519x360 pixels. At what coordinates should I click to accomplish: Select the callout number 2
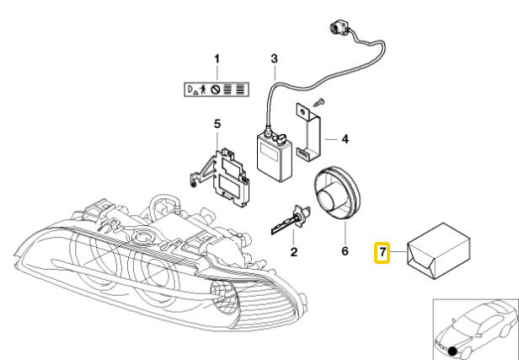click(294, 251)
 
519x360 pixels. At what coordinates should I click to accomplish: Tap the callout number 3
click(274, 59)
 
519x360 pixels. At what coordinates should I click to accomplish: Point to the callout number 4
click(345, 138)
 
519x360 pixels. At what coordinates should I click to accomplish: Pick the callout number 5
click(217, 125)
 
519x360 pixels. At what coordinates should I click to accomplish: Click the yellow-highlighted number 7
click(383, 251)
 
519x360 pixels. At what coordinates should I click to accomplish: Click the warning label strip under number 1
click(217, 87)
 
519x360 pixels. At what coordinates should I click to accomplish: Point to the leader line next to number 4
click(330, 138)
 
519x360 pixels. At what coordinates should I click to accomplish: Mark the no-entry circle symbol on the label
click(217, 87)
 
